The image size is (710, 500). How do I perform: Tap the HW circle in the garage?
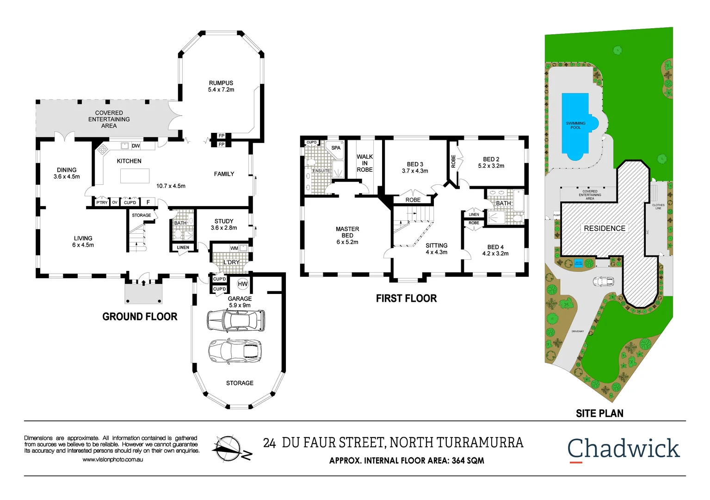242,284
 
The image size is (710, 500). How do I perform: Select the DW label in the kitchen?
136,146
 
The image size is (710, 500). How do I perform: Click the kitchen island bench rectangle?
135,176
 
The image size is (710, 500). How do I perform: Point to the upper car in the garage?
236,320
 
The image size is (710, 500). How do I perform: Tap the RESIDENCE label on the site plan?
604,228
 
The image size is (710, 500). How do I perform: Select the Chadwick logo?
623,449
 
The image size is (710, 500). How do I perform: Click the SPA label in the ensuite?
336,148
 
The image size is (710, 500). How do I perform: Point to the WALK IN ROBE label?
364,163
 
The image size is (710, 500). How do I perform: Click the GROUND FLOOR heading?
140,317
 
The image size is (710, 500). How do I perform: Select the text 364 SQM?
468,461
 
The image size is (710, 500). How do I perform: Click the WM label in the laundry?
234,248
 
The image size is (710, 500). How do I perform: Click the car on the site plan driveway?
603,281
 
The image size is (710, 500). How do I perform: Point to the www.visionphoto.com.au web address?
112,460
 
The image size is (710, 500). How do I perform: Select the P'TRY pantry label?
102,203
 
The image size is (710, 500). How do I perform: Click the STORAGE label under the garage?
240,383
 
